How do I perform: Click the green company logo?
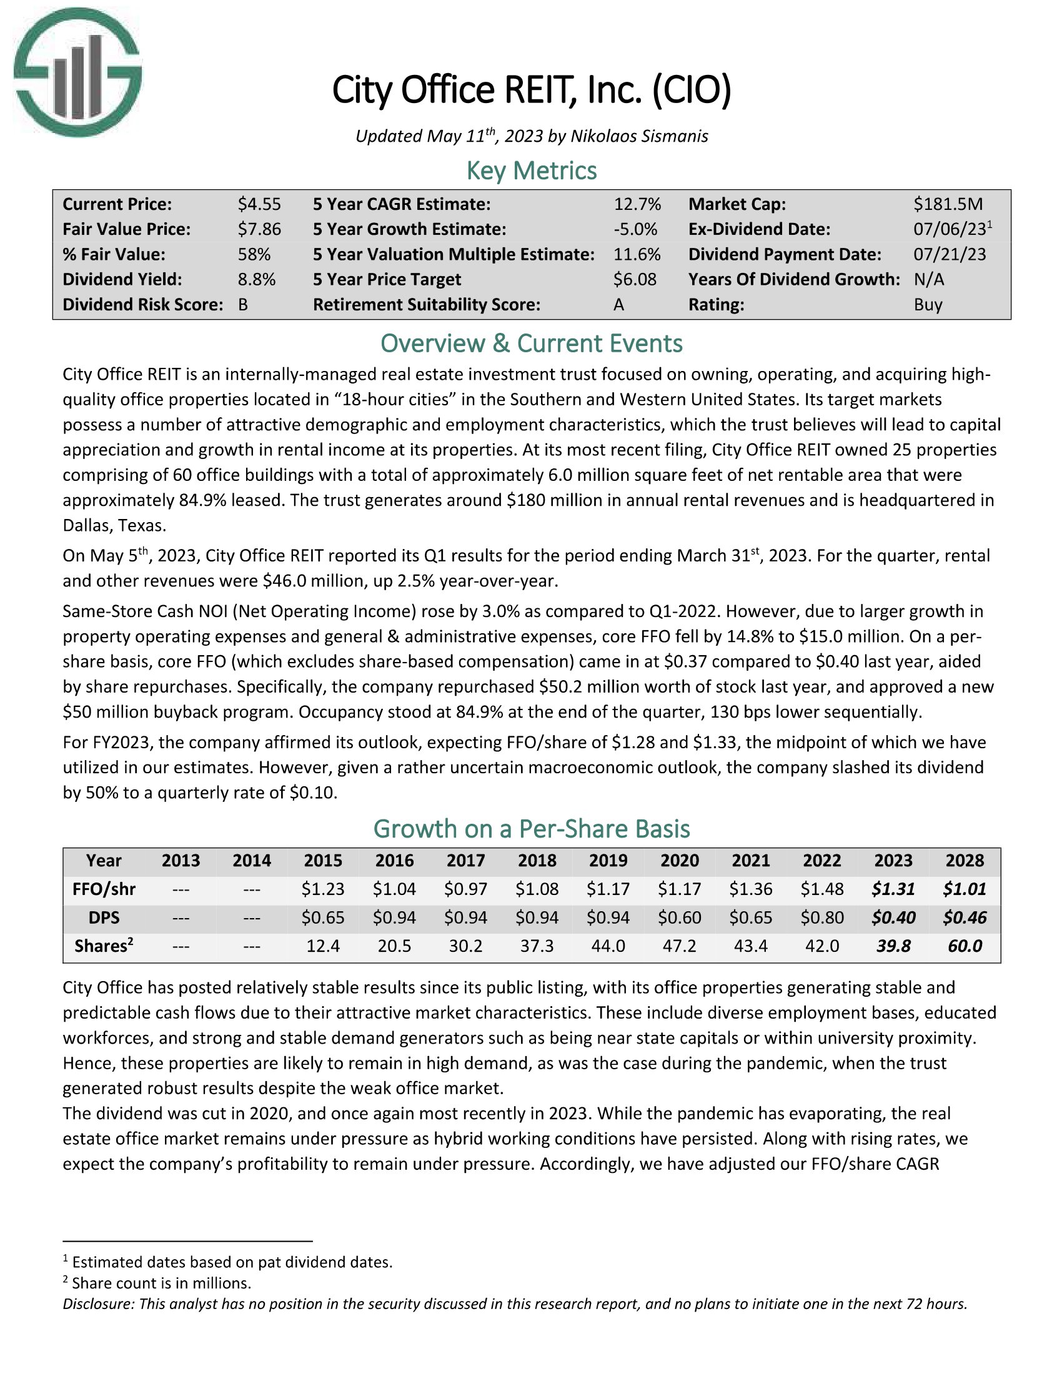pyautogui.click(x=78, y=72)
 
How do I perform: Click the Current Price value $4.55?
pyautogui.click(x=259, y=204)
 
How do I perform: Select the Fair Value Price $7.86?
pyautogui.click(x=259, y=229)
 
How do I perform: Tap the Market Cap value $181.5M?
pyautogui.click(x=948, y=204)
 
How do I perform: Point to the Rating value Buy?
pyautogui.click(x=928, y=305)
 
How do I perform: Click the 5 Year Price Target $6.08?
pyautogui.click(x=635, y=279)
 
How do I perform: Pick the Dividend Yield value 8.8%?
pyautogui.click(x=257, y=279)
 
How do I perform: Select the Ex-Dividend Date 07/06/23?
pyautogui.click(x=950, y=229)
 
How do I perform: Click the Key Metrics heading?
pyautogui.click(x=531, y=171)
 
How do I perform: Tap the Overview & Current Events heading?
pyautogui.click(x=531, y=343)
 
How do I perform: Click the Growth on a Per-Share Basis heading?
pyautogui.click(x=531, y=829)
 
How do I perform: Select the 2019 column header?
pyautogui.click(x=608, y=860)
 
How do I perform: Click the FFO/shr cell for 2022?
pyautogui.click(x=822, y=889)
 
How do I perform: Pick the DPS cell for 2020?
pyautogui.click(x=680, y=917)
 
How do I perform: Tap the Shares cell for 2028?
pyautogui.click(x=965, y=946)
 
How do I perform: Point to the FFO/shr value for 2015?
pyautogui.click(x=323, y=889)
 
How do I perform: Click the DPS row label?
pyautogui.click(x=104, y=917)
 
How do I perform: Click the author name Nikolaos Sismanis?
pyautogui.click(x=638, y=136)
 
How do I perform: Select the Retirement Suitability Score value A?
pyautogui.click(x=618, y=305)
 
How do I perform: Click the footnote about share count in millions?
pyautogui.click(x=161, y=1282)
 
